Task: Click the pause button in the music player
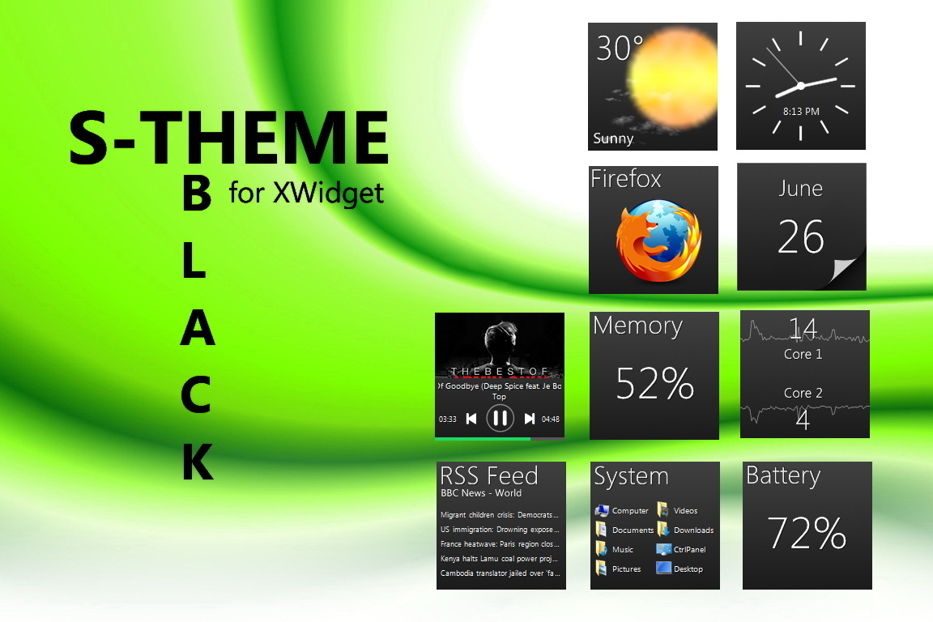coord(500,418)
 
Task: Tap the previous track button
coord(471,419)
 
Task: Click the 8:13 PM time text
coord(801,112)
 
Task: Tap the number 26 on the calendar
coord(800,237)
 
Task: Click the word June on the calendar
coord(800,189)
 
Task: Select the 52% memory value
coord(654,384)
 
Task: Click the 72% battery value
coord(807,533)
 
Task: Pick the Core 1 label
coord(803,354)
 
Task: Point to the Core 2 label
coord(803,393)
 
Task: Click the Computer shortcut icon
coord(602,510)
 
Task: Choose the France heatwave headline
coord(500,544)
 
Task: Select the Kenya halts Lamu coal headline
coord(500,559)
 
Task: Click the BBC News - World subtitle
coord(481,493)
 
